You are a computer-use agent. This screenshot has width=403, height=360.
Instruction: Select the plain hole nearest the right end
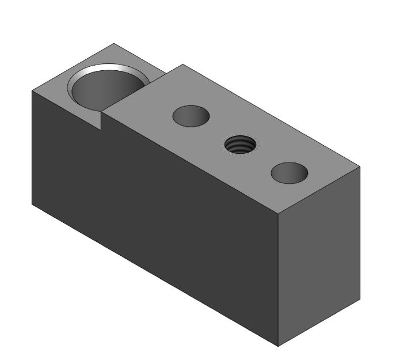point(289,173)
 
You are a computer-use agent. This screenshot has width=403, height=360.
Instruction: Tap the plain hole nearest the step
point(191,116)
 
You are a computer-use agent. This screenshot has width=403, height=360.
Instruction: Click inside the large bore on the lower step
point(107,92)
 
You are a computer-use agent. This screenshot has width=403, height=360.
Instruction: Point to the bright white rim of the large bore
point(109,69)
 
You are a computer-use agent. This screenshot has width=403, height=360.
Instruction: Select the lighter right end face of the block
point(320,253)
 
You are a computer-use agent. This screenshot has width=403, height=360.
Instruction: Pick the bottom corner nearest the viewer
point(279,346)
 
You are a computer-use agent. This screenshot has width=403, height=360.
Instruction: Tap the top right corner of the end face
point(360,167)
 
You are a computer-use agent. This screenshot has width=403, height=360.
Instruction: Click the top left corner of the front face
point(31,90)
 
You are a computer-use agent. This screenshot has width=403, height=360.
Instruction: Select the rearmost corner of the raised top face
point(183,65)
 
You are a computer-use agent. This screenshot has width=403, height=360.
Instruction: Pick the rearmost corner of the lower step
point(113,43)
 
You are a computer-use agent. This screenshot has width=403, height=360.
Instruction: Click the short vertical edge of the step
point(102,120)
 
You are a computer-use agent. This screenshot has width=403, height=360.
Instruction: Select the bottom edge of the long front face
point(155,275)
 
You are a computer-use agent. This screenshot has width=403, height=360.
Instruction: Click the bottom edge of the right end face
point(320,323)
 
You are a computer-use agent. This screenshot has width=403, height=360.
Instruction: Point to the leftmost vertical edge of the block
point(31,147)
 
